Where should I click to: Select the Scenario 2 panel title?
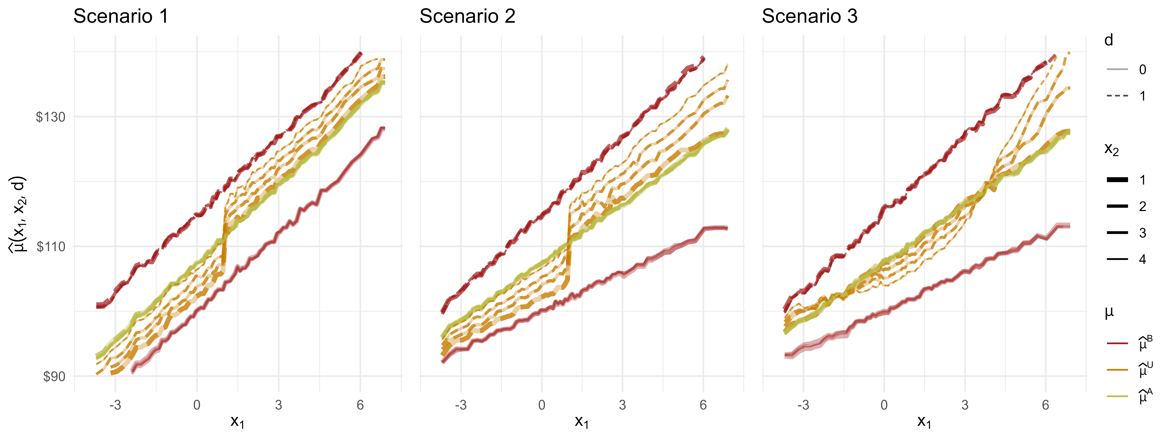click(x=467, y=17)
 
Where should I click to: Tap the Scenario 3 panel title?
click(x=810, y=17)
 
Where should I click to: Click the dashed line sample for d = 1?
click(x=1117, y=96)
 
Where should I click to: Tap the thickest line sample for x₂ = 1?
click(x=1117, y=180)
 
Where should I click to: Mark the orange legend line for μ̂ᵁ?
click(x=1117, y=370)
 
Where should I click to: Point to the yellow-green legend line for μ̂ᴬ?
click(x=1117, y=396)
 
